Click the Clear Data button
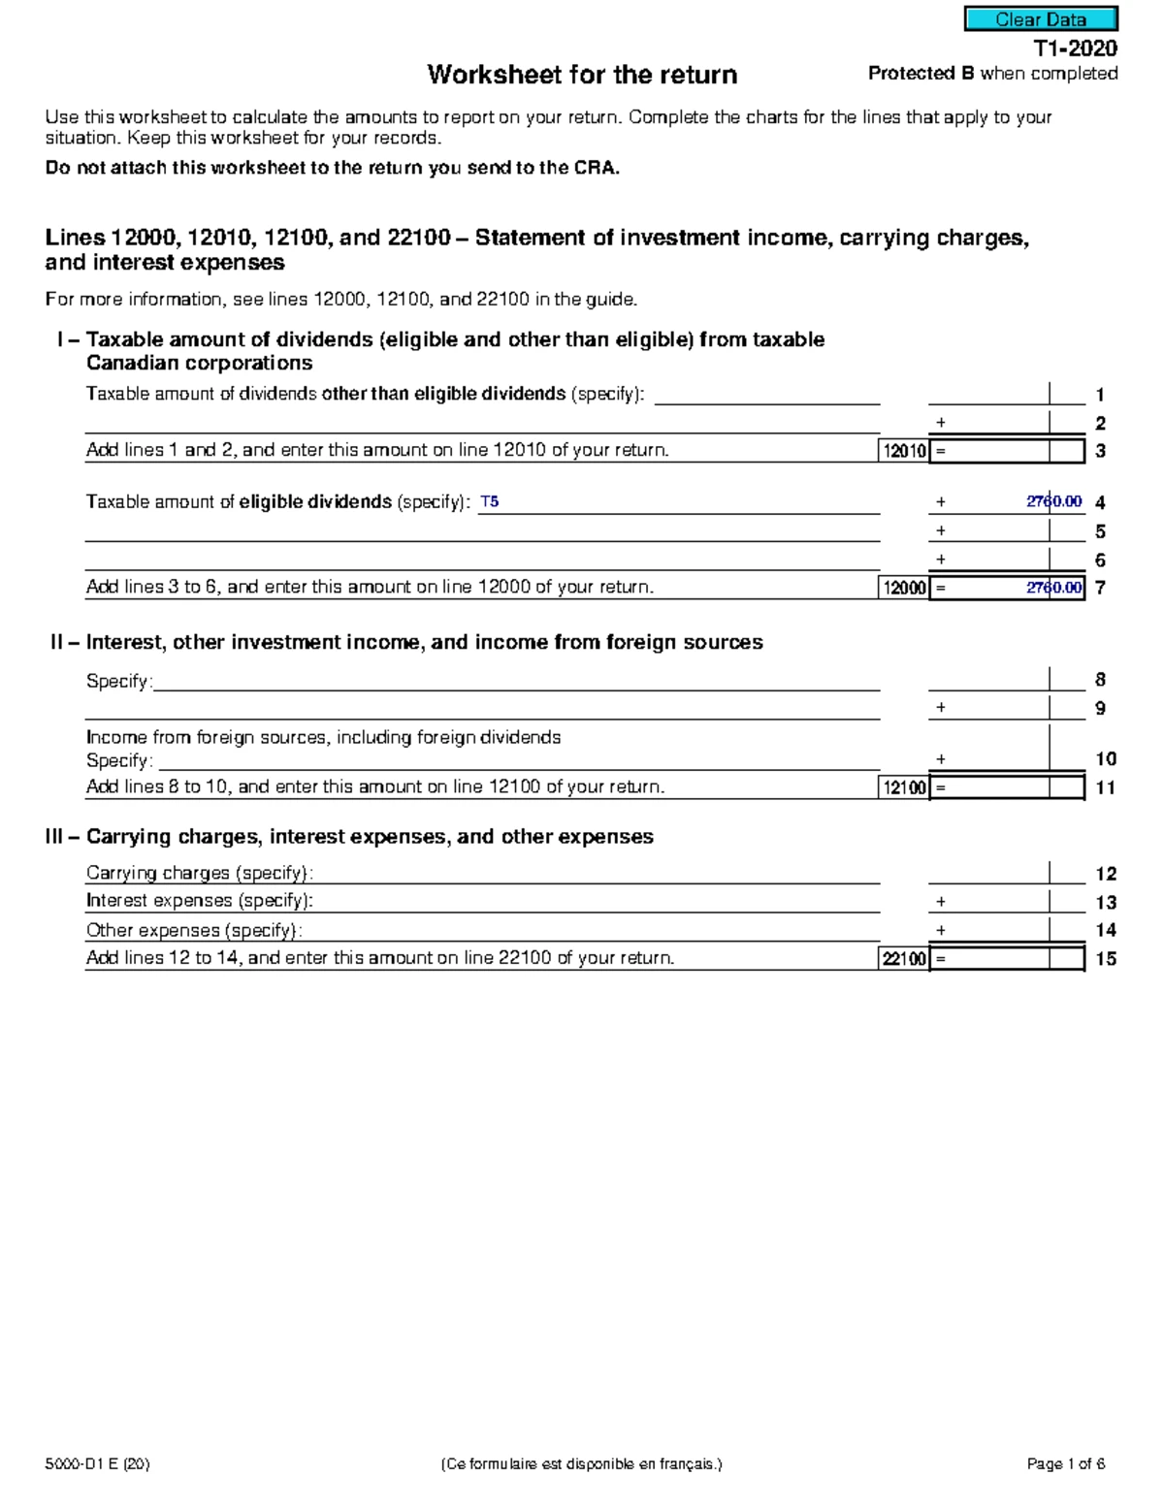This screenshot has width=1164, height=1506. pyautogui.click(x=1040, y=19)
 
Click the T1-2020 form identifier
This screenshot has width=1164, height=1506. pyautogui.click(x=1075, y=48)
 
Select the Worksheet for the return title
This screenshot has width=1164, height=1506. pyautogui.click(x=582, y=75)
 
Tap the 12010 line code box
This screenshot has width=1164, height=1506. pyautogui.click(x=903, y=451)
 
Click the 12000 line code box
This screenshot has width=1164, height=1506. pyautogui.click(x=903, y=588)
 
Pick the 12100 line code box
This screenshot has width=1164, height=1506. pyautogui.click(x=903, y=787)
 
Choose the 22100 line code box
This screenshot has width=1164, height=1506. pyautogui.click(x=903, y=959)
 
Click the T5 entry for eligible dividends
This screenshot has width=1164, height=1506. pyautogui.click(x=490, y=502)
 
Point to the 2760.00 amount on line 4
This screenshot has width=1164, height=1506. pyautogui.click(x=1053, y=502)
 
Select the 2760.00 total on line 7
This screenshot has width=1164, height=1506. pyautogui.click(x=1053, y=588)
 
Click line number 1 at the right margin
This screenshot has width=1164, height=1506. pyautogui.click(x=1100, y=395)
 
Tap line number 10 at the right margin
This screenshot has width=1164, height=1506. pyautogui.click(x=1106, y=759)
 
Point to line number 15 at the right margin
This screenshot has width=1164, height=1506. pyautogui.click(x=1106, y=959)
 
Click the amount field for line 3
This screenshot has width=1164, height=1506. pyautogui.click(x=1007, y=451)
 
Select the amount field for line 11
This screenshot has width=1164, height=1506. pyautogui.click(x=1007, y=787)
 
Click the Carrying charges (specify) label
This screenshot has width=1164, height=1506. pyautogui.click(x=200, y=873)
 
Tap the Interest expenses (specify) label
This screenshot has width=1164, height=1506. pyautogui.click(x=200, y=901)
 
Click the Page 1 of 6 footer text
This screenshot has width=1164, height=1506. pyautogui.click(x=1065, y=1464)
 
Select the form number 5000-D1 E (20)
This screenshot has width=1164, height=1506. pyautogui.click(x=97, y=1464)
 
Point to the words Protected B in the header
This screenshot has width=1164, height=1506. pyautogui.click(x=921, y=74)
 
